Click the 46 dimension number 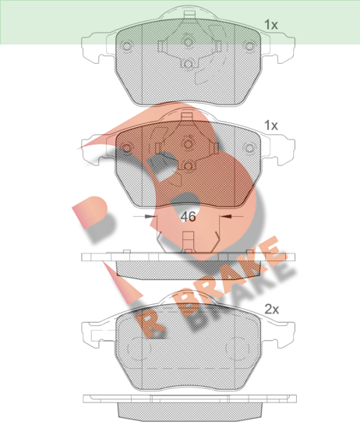[x=188, y=217]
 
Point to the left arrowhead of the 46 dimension [x=150, y=217]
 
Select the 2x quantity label [x=272, y=310]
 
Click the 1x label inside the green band [x=271, y=25]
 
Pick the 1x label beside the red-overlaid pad [x=271, y=126]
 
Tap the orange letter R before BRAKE [x=148, y=324]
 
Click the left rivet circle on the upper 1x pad [x=127, y=46]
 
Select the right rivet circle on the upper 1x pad [x=249, y=46]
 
